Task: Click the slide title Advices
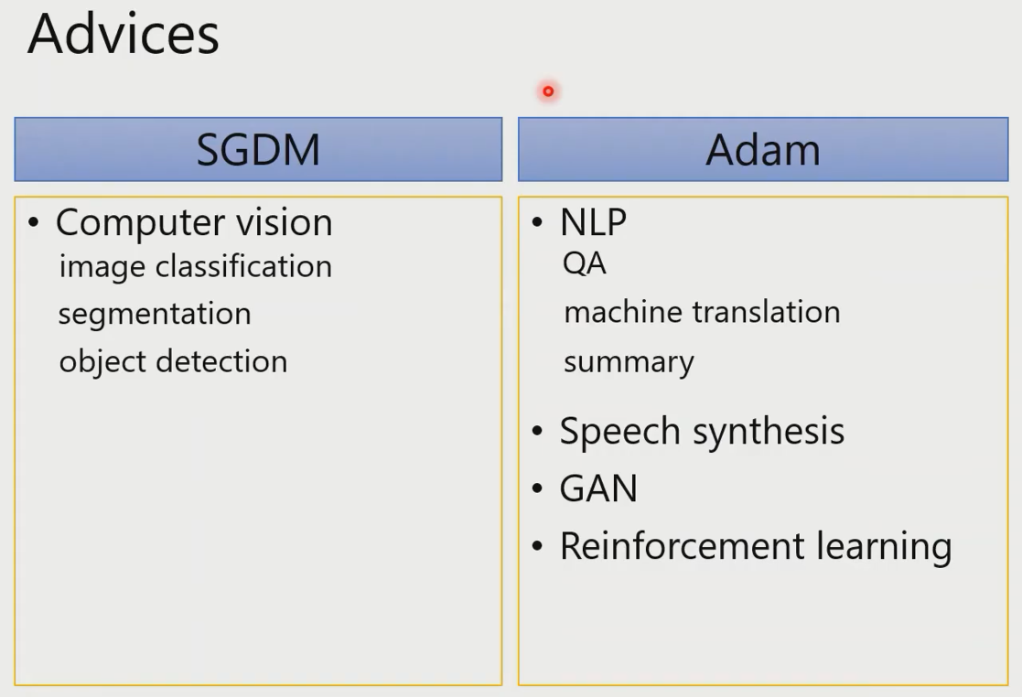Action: pyautogui.click(x=124, y=34)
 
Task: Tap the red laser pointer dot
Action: pyautogui.click(x=548, y=91)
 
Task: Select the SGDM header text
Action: pyautogui.click(x=258, y=150)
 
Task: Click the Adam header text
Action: pyautogui.click(x=762, y=150)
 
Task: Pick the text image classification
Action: pyautogui.click(x=196, y=267)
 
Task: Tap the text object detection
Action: pyautogui.click(x=173, y=361)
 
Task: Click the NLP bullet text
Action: pyautogui.click(x=593, y=222)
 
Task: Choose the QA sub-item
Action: pyautogui.click(x=585, y=263)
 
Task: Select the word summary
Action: pyautogui.click(x=629, y=363)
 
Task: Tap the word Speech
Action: pyautogui.click(x=619, y=432)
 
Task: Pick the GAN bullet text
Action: pyautogui.click(x=598, y=488)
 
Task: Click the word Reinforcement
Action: pyautogui.click(x=683, y=546)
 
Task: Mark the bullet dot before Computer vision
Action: pyautogui.click(x=34, y=223)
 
